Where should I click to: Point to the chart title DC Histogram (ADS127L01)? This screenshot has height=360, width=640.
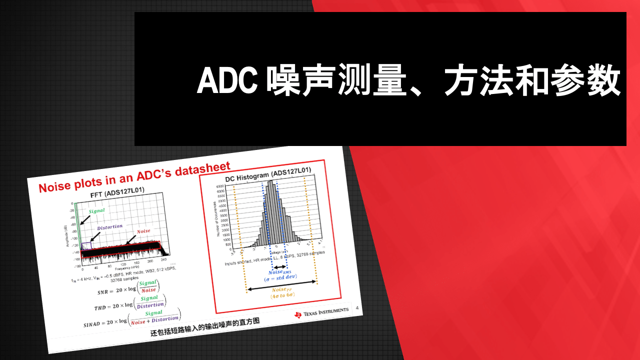click(268, 173)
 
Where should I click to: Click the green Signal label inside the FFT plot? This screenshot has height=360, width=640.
click(96, 211)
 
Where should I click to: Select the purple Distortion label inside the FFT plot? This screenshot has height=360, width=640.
click(109, 227)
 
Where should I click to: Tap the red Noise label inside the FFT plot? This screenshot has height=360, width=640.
click(143, 231)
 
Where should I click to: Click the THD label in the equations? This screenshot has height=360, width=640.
click(101, 307)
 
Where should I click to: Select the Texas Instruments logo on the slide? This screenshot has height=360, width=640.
click(321, 312)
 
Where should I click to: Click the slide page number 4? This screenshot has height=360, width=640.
click(357, 308)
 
